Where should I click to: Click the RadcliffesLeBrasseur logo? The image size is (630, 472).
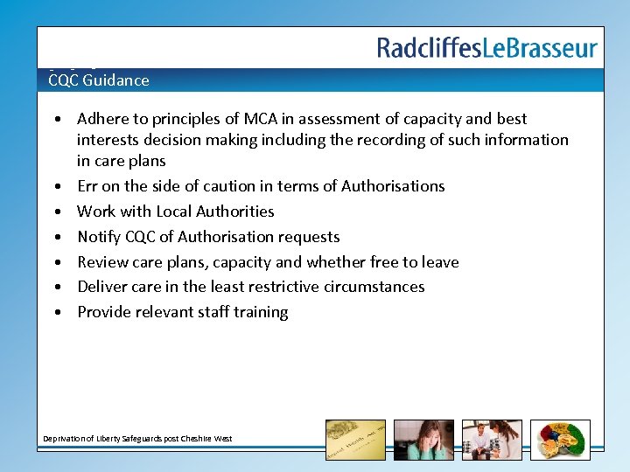click(487, 47)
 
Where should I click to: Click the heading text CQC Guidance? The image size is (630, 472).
click(99, 80)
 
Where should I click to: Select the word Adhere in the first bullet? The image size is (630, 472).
click(103, 119)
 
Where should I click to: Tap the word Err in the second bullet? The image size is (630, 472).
click(87, 186)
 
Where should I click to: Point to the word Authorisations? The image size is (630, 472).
click(393, 186)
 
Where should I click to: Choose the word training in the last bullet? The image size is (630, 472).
click(259, 312)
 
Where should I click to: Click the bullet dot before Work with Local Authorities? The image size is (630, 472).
click(56, 212)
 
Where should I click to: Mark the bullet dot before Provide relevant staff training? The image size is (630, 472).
click(56, 312)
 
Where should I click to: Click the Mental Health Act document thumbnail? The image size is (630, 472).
click(355, 440)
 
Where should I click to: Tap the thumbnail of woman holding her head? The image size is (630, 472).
click(423, 440)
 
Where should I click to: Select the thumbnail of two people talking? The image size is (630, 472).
click(492, 440)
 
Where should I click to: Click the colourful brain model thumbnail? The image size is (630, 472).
click(560, 440)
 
